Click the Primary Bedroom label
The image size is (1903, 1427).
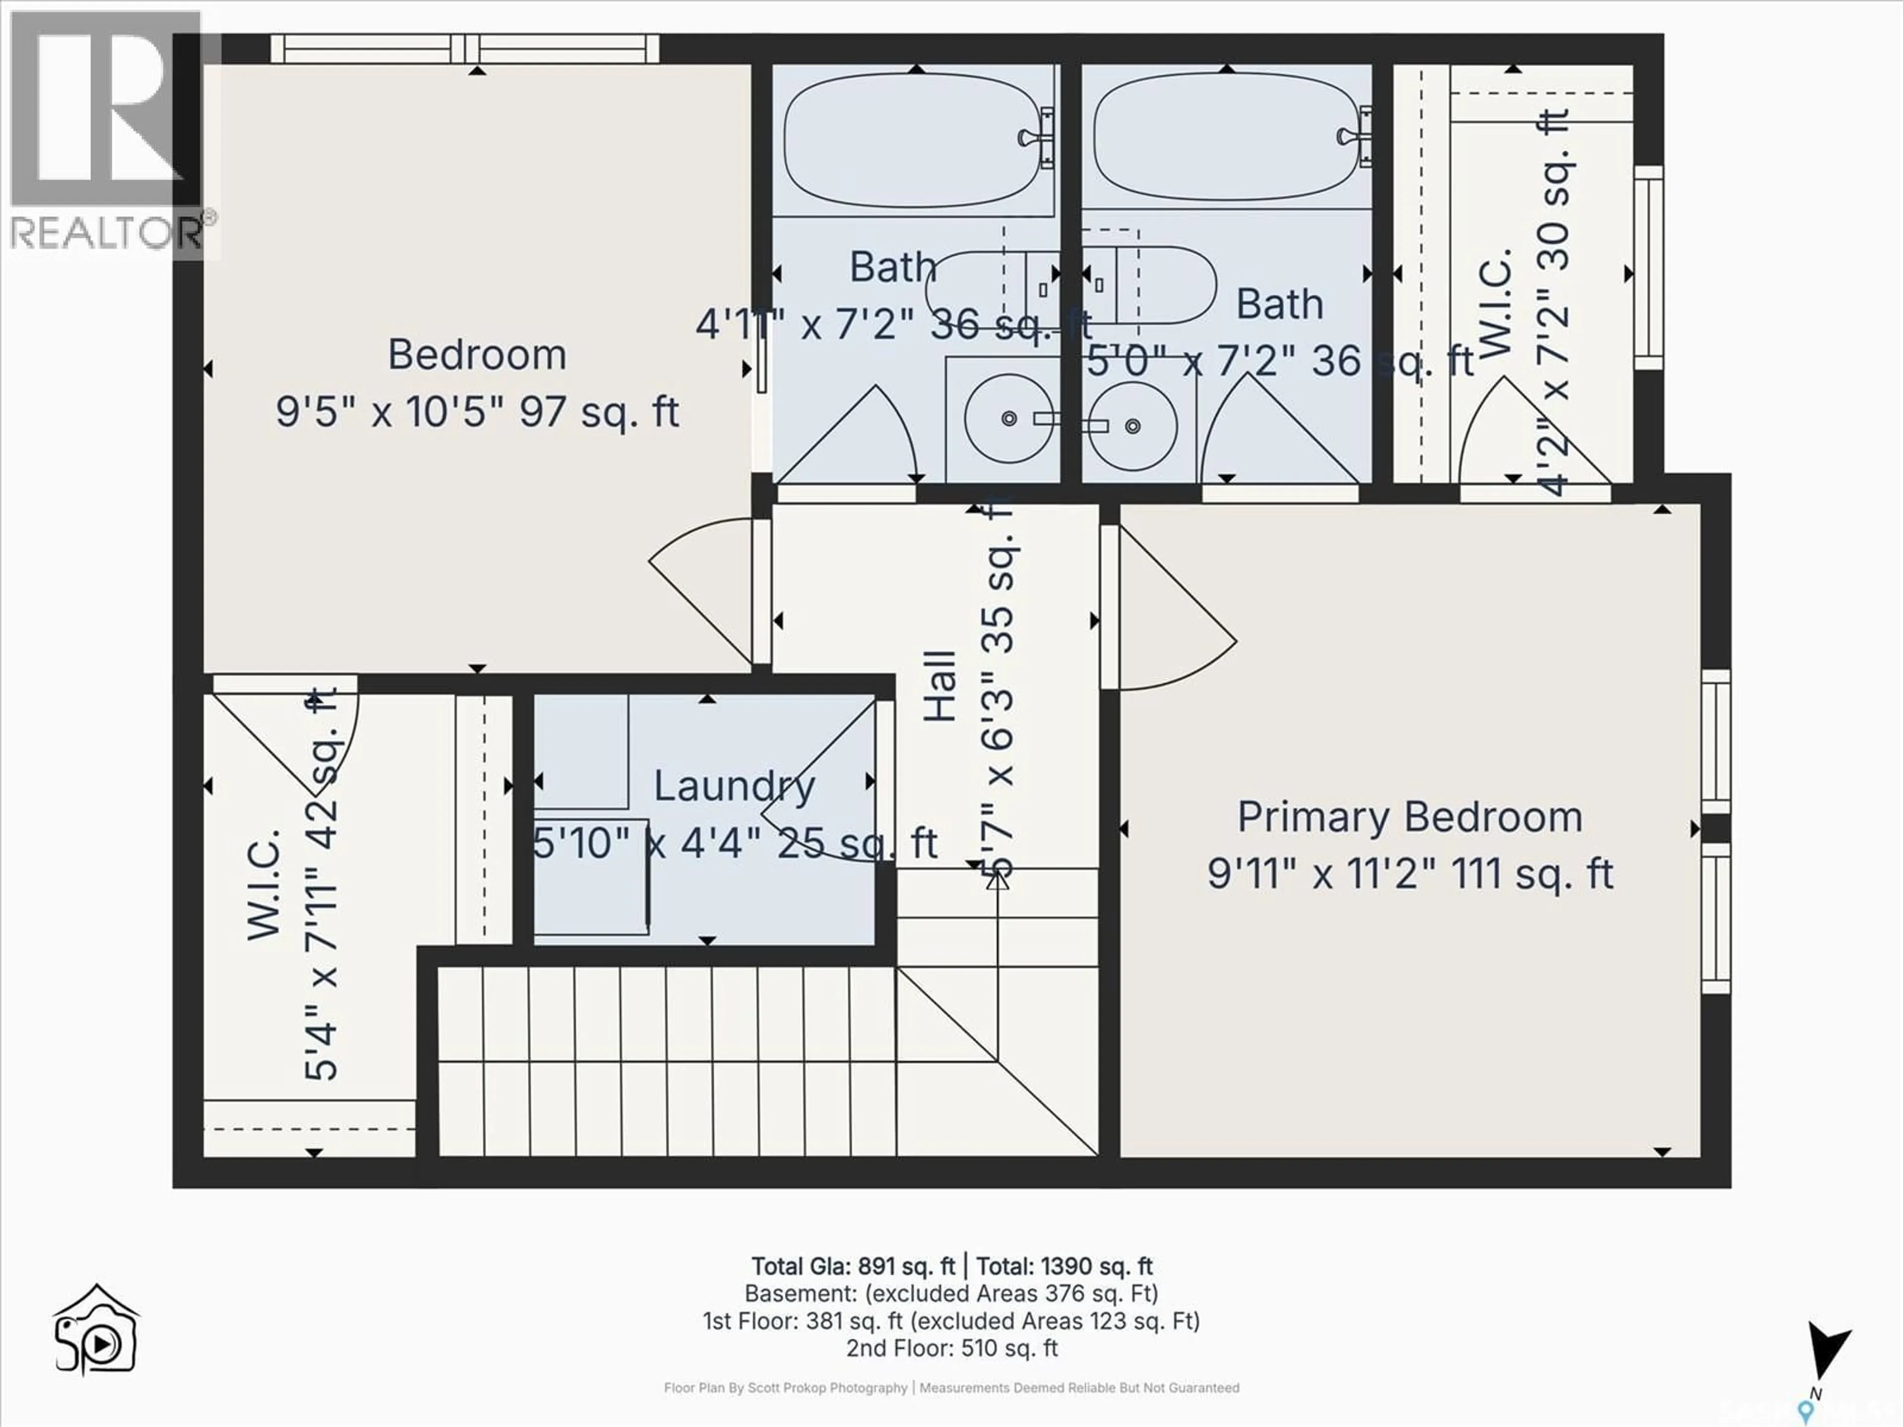point(1409,817)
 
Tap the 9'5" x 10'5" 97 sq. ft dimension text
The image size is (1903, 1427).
point(477,412)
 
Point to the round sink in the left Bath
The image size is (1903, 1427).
point(1008,419)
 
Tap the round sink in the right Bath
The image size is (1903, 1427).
point(1132,426)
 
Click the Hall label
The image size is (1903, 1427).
point(941,686)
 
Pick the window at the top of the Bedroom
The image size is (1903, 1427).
point(464,48)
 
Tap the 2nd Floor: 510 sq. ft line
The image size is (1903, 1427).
point(951,1348)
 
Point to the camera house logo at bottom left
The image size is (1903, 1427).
point(96,1331)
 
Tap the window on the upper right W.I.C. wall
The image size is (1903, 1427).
point(1647,267)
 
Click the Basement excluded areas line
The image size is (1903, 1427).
point(951,1294)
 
